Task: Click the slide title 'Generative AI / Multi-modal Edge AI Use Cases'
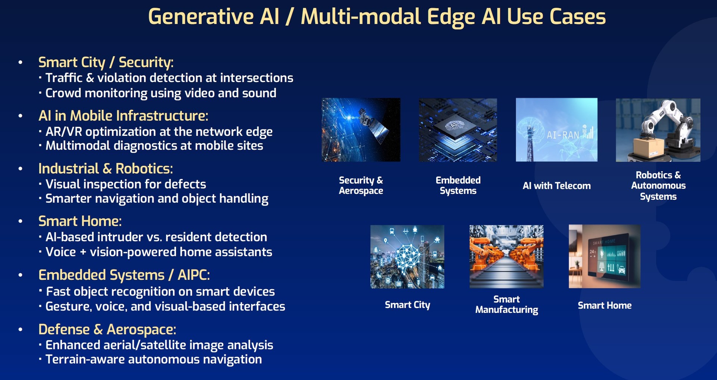(x=377, y=17)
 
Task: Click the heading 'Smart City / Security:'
(x=106, y=62)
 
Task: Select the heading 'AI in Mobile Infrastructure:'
(x=123, y=116)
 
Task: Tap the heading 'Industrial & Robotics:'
(x=106, y=169)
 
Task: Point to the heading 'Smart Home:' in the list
(x=80, y=221)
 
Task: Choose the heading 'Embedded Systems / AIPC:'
(x=124, y=275)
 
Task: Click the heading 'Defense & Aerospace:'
(x=107, y=329)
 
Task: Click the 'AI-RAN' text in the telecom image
(x=563, y=135)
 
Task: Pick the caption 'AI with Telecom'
(x=556, y=186)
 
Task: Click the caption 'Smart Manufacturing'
(x=506, y=305)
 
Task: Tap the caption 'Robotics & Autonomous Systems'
(x=658, y=186)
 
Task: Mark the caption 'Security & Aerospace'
(x=361, y=186)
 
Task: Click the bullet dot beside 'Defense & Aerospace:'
(x=21, y=330)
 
